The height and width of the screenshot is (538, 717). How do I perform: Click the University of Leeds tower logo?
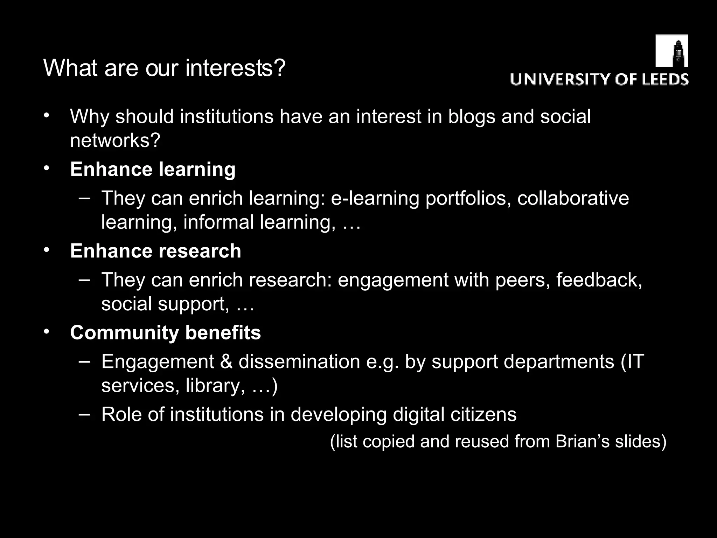pos(671,51)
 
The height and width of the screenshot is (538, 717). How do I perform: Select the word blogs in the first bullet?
pos(472,116)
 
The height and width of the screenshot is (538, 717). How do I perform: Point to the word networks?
pos(115,140)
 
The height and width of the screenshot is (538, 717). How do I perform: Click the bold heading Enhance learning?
pos(153,169)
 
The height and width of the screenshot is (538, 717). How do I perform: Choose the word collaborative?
pos(573,198)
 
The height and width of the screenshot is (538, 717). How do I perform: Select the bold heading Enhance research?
pos(155,251)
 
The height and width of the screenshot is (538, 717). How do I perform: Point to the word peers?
pos(522,280)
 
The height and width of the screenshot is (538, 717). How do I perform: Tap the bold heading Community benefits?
pos(165,332)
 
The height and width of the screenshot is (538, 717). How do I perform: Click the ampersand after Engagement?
pos(226,361)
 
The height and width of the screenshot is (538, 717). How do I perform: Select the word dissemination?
pos(299,361)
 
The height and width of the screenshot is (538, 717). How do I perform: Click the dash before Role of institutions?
pos(84,414)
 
